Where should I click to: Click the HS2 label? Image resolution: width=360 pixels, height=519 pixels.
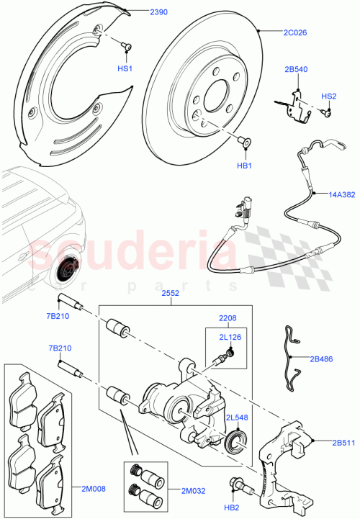click(329, 96)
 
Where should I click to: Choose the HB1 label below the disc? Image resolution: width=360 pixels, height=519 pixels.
click(244, 166)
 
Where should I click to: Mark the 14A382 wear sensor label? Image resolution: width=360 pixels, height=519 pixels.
click(342, 195)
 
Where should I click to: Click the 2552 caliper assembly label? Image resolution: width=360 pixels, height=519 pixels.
click(171, 294)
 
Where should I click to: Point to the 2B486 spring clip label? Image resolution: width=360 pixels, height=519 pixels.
click(323, 358)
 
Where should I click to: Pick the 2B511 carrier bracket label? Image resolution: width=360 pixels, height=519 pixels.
click(344, 443)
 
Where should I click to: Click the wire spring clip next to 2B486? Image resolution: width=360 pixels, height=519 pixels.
click(292, 360)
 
